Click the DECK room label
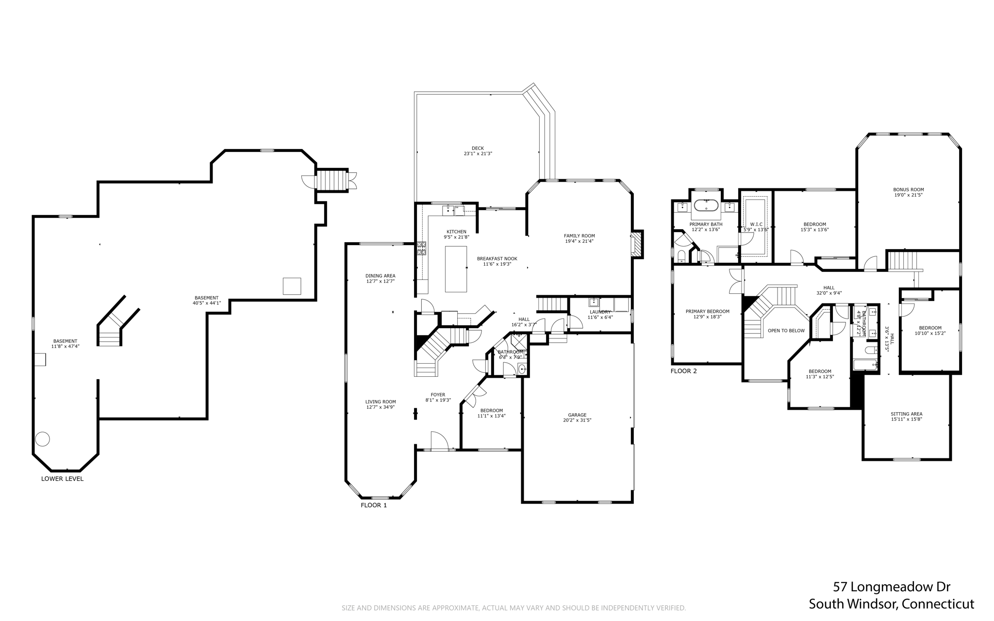(x=478, y=151)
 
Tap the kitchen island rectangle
(x=456, y=269)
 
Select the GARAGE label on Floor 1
(x=577, y=418)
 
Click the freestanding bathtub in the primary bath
(x=706, y=205)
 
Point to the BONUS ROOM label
(x=908, y=192)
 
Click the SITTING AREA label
(x=906, y=416)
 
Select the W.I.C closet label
(x=756, y=227)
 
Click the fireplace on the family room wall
(x=636, y=244)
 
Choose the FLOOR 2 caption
(x=683, y=371)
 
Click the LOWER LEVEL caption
(x=62, y=479)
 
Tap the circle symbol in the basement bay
(x=42, y=439)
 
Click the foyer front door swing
(x=439, y=441)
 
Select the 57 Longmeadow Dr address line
(x=891, y=587)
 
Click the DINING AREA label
(x=380, y=278)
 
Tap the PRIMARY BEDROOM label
(x=707, y=314)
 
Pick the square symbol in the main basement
(x=292, y=286)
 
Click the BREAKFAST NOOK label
(x=497, y=261)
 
